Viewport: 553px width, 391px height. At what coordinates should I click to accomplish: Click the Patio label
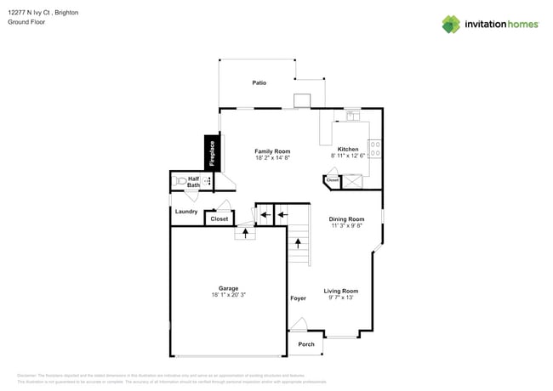(x=259, y=82)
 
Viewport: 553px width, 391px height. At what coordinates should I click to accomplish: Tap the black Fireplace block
(x=211, y=154)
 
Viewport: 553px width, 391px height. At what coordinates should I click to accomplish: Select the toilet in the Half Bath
(x=180, y=181)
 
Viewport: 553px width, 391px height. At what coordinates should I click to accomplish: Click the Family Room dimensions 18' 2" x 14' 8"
(x=272, y=158)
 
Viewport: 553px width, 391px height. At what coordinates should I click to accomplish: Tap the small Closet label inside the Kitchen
(x=332, y=180)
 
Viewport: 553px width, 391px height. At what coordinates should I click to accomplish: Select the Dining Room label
(x=346, y=218)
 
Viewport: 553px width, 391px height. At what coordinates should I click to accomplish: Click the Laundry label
(x=186, y=212)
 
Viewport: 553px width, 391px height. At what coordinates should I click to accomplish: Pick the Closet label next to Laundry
(x=219, y=218)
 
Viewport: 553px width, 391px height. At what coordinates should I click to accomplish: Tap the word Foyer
(x=298, y=298)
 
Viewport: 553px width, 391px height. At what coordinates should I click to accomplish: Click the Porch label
(x=306, y=344)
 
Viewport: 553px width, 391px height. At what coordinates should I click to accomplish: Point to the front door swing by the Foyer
(x=298, y=325)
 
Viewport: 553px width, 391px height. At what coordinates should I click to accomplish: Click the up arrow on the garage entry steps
(x=246, y=233)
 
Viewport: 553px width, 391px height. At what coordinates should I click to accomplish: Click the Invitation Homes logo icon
(x=450, y=24)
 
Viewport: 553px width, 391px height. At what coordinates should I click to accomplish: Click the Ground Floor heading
(x=26, y=22)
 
